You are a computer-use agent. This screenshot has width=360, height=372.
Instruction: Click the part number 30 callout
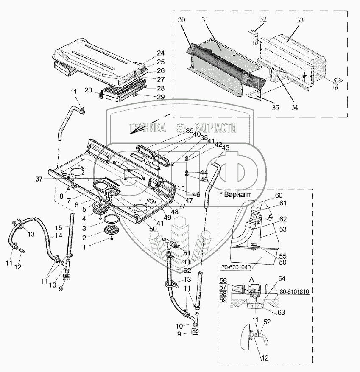click(x=182, y=20)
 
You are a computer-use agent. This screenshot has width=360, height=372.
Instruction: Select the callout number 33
click(x=300, y=20)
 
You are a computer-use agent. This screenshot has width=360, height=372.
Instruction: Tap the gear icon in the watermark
click(x=180, y=126)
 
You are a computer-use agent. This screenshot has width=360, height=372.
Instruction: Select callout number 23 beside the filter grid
click(x=88, y=90)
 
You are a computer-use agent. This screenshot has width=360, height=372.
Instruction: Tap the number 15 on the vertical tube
click(x=59, y=227)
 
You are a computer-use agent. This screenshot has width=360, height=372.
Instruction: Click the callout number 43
click(x=225, y=148)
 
